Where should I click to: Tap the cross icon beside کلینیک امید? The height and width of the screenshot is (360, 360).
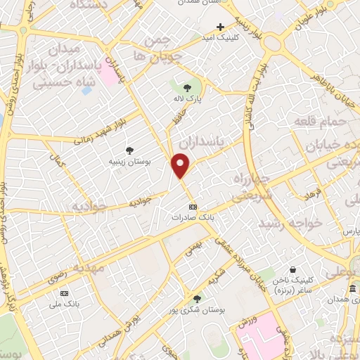(x=221, y=27)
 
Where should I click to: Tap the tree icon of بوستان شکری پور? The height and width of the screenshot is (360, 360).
(x=197, y=298)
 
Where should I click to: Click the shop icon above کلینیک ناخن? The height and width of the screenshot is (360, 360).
(x=294, y=269)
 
